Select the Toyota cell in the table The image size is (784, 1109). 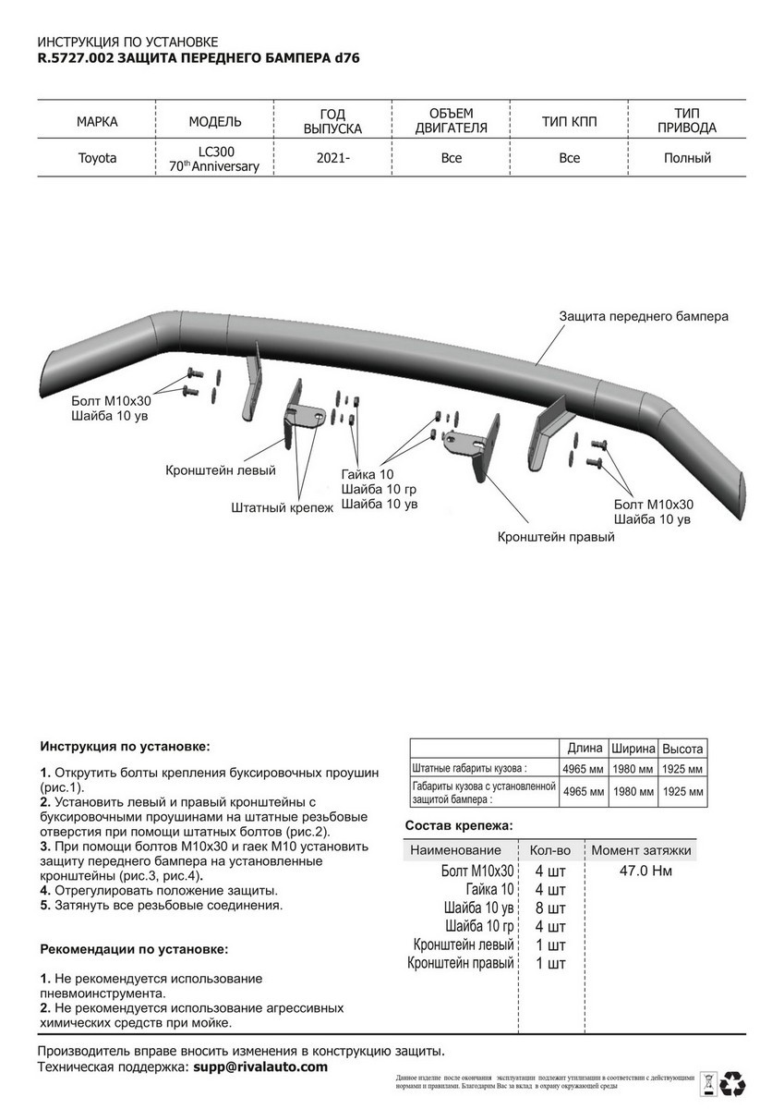click(97, 158)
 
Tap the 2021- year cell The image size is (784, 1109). click(333, 158)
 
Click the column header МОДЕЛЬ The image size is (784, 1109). click(215, 121)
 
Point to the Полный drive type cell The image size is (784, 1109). click(687, 158)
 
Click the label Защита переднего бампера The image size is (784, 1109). click(644, 316)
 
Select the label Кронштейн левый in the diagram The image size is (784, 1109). click(221, 470)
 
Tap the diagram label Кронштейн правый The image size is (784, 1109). click(556, 536)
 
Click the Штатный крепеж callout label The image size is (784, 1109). click(282, 507)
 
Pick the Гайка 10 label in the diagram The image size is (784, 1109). click(367, 473)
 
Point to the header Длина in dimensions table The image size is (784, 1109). click(585, 748)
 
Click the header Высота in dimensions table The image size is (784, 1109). click(682, 748)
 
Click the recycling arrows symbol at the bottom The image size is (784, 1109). click(735, 1082)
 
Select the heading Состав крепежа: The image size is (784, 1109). click(458, 825)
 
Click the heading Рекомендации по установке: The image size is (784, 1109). click(133, 949)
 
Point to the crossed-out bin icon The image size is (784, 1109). click(708, 1082)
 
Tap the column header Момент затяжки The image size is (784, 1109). click(641, 850)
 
